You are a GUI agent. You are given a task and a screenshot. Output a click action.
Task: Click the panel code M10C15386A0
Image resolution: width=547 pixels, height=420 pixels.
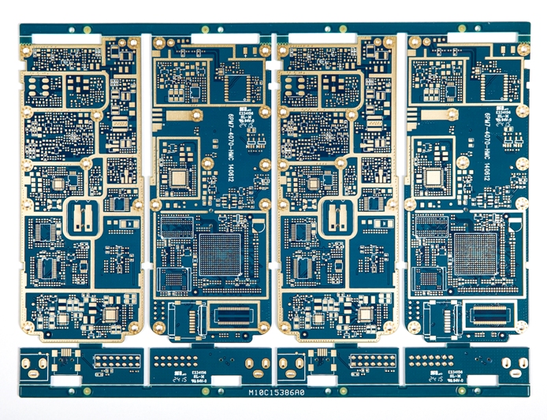click(276, 391)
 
